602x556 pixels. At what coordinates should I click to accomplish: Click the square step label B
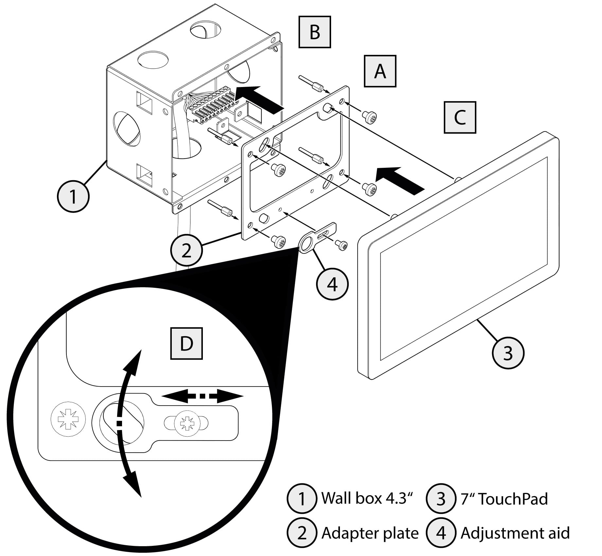tap(314, 32)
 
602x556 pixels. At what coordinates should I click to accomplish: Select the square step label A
tap(380, 71)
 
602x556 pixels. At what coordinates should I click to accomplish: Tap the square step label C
tap(460, 117)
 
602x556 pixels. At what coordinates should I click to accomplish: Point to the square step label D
tap(186, 343)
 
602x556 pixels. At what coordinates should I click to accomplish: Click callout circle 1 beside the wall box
tap(73, 197)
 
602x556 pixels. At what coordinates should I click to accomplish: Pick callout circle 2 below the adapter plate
tap(186, 251)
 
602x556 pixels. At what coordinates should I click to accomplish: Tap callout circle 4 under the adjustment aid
tap(332, 284)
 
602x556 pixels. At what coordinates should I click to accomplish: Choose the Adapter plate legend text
tap(370, 533)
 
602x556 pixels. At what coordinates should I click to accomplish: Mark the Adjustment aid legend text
tap(515, 533)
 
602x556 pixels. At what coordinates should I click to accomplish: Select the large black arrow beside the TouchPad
tap(399, 180)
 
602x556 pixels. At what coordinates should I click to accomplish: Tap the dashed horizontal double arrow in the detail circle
tap(203, 396)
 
